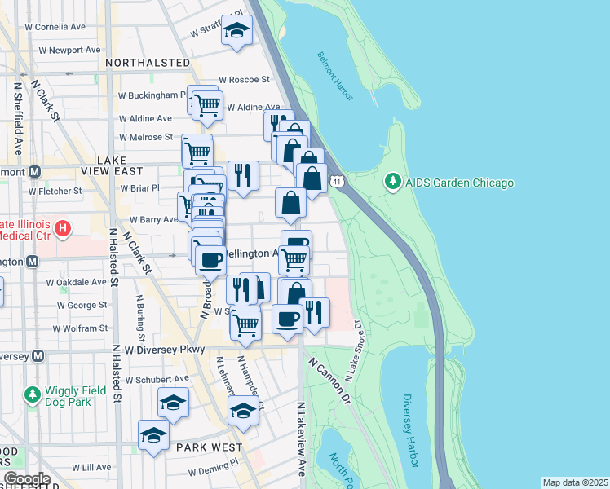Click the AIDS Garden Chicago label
click(x=458, y=182)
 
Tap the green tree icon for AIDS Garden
click(x=392, y=181)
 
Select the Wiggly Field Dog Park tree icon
click(x=33, y=395)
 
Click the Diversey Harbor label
click(x=410, y=432)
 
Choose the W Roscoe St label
click(x=243, y=79)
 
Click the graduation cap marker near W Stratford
click(x=236, y=30)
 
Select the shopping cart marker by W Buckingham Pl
click(x=207, y=104)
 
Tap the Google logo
click(x=26, y=479)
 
